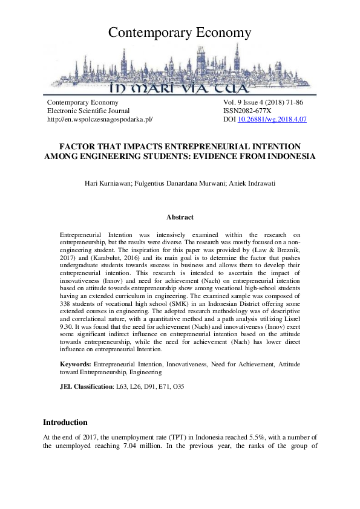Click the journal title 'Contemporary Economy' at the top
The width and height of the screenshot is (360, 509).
point(180,33)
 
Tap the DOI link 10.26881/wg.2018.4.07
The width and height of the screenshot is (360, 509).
point(272,120)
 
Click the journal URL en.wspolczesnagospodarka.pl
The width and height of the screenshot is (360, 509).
point(100,120)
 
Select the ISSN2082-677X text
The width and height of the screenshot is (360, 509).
point(247,111)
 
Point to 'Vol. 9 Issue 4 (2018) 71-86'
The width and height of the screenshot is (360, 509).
point(263,103)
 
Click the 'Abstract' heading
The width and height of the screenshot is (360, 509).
point(180,217)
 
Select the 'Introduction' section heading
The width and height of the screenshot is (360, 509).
point(65,422)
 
